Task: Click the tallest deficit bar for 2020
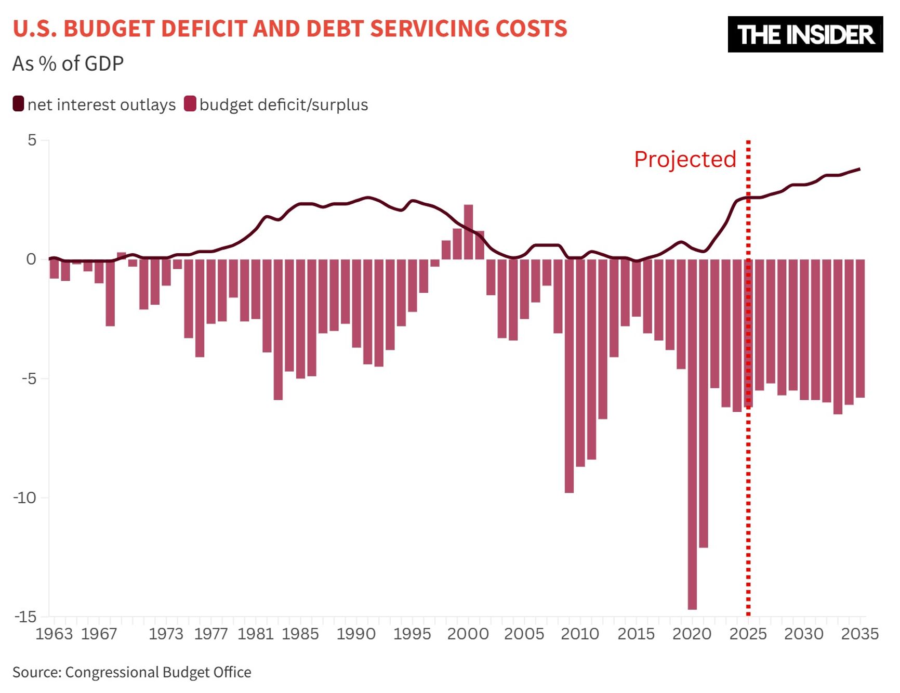point(692,434)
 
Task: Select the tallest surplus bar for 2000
point(468,232)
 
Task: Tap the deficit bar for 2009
point(569,375)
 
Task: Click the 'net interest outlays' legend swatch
point(19,104)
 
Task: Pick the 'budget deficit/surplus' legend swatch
point(190,104)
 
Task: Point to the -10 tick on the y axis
point(24,498)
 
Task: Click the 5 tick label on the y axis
point(32,140)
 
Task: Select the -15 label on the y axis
point(24,617)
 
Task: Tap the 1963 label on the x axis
point(54,634)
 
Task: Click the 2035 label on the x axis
point(859,634)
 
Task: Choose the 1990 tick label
point(356,634)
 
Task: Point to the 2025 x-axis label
point(748,634)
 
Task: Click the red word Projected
point(685,159)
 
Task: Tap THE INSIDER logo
point(805,34)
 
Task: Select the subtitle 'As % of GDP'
point(68,63)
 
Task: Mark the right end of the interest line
point(859,169)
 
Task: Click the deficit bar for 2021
point(703,403)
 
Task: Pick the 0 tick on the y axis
point(31,259)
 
